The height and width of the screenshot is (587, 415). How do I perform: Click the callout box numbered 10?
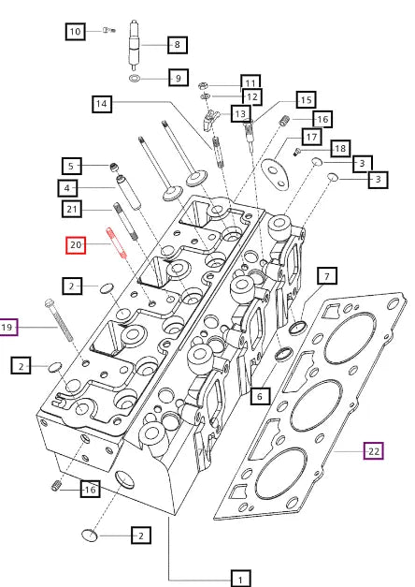coord(75,32)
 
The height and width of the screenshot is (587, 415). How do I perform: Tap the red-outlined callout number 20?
coord(76,245)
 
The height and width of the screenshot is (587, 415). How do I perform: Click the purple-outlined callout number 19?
coord(8,327)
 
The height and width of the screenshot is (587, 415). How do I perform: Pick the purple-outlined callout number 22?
coord(373,451)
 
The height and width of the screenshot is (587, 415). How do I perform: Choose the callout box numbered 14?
coord(103,104)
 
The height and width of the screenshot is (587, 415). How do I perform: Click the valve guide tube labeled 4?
coord(129,198)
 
